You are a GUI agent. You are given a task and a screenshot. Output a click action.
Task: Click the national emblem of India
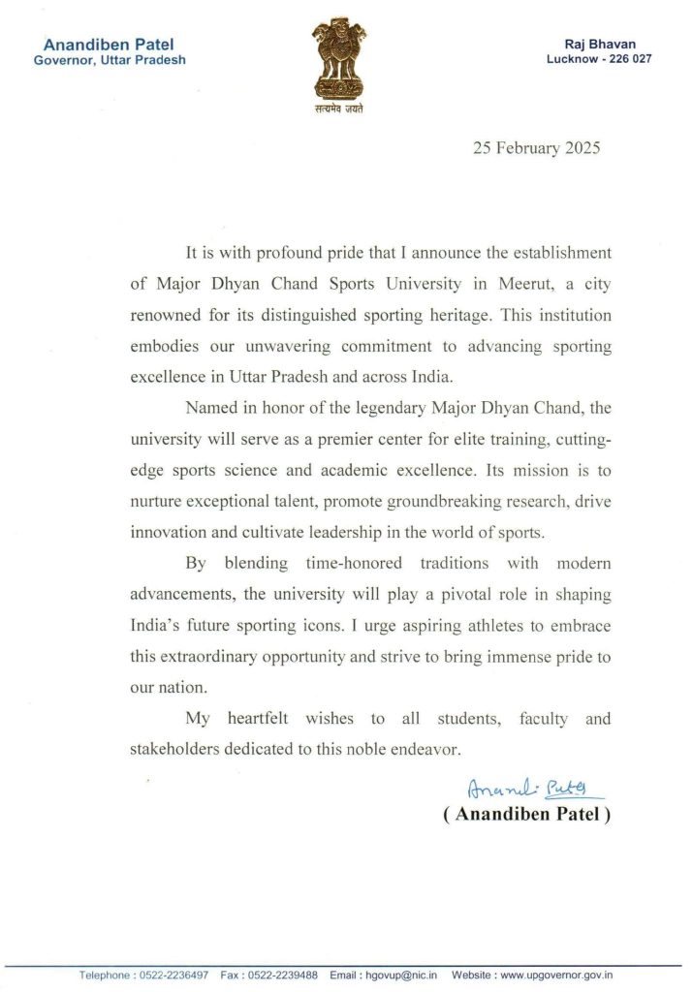[x=343, y=59]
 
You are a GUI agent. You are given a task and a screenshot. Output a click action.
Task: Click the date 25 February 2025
[x=536, y=148]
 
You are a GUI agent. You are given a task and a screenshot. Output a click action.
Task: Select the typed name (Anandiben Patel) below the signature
[x=526, y=815]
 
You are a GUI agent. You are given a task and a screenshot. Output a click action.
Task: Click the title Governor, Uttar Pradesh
[x=110, y=59]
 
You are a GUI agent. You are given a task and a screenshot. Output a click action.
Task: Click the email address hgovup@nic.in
[x=399, y=976]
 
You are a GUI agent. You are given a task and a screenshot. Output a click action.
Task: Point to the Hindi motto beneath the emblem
[x=343, y=108]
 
